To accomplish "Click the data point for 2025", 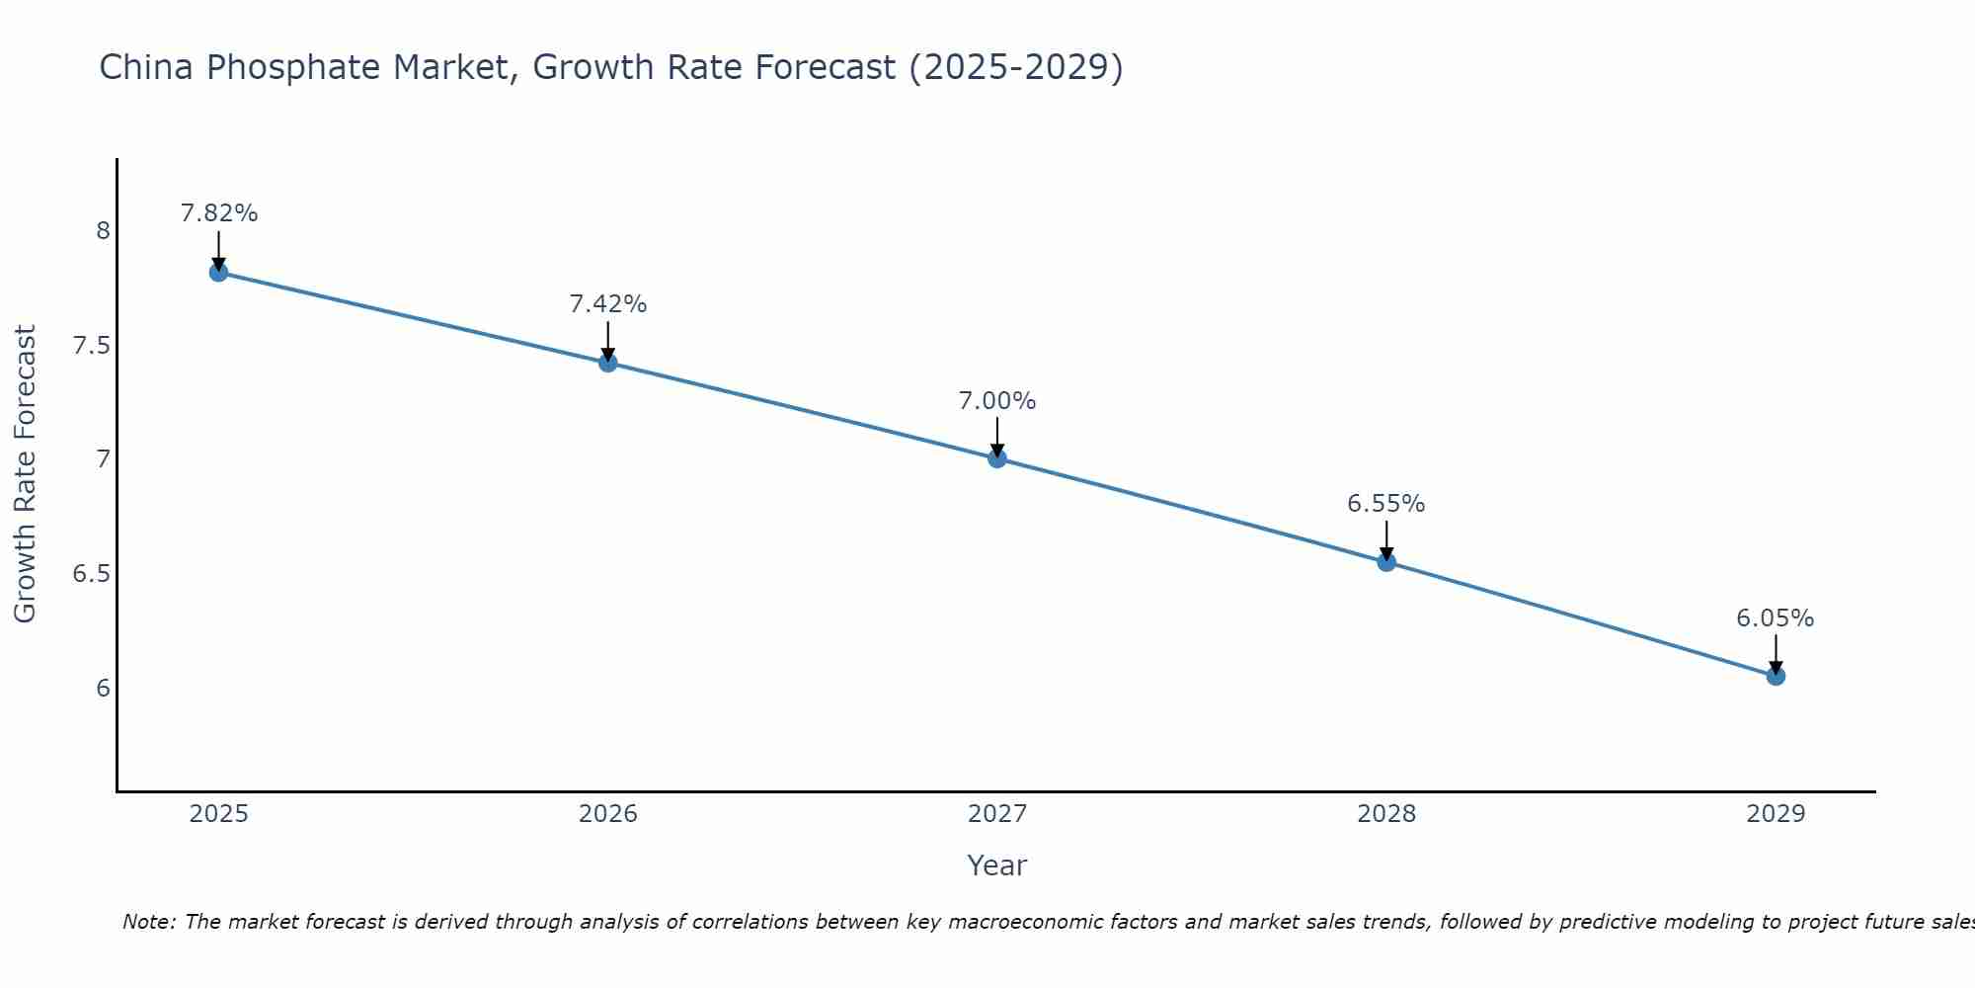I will (x=219, y=272).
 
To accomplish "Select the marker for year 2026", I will (x=608, y=363).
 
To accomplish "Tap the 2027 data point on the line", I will (x=997, y=458).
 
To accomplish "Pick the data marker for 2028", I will (x=1386, y=562).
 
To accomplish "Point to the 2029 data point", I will (x=1776, y=676).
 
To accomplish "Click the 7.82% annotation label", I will (x=219, y=213).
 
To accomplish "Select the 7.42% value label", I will (x=608, y=304).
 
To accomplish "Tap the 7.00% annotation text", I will (x=997, y=401).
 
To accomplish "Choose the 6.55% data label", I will (x=1386, y=504).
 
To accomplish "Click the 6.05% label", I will (x=1776, y=618).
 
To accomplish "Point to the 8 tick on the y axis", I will (x=103, y=231).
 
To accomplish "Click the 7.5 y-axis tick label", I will (x=91, y=346).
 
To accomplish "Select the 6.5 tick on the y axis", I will (x=91, y=574).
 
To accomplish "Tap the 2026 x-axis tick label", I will (x=608, y=814).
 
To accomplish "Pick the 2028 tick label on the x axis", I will (x=1386, y=814).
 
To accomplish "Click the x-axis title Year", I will (x=997, y=865).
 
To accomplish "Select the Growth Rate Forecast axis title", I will (x=26, y=474).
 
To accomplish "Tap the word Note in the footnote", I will (x=148, y=922).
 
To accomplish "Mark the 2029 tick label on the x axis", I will (x=1776, y=814).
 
